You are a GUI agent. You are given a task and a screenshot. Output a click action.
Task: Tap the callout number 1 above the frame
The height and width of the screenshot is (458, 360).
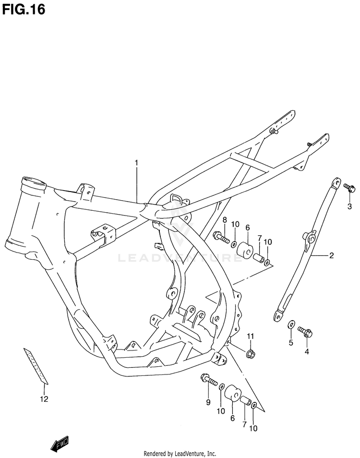click(x=136, y=163)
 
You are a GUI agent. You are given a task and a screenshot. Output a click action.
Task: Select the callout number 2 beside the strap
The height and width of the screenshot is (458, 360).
click(x=331, y=256)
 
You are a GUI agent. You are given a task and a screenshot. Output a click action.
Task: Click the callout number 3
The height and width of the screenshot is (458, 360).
click(x=349, y=206)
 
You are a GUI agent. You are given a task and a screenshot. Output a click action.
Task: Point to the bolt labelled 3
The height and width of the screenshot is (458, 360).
click(x=348, y=187)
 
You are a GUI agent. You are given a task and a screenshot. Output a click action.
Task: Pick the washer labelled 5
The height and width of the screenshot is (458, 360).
click(x=290, y=326)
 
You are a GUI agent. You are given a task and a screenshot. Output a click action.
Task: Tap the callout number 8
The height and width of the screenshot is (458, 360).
click(x=224, y=219)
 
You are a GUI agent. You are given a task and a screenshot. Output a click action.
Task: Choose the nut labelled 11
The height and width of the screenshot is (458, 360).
click(x=250, y=354)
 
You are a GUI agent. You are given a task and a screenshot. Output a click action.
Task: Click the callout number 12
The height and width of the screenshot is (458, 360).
click(x=44, y=399)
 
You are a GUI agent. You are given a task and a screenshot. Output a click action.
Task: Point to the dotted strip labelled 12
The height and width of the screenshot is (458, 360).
click(x=37, y=366)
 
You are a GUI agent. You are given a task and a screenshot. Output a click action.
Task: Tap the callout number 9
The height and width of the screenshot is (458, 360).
click(x=208, y=402)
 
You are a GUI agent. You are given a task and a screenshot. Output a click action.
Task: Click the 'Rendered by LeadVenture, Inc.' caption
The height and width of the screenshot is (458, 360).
click(x=180, y=453)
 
